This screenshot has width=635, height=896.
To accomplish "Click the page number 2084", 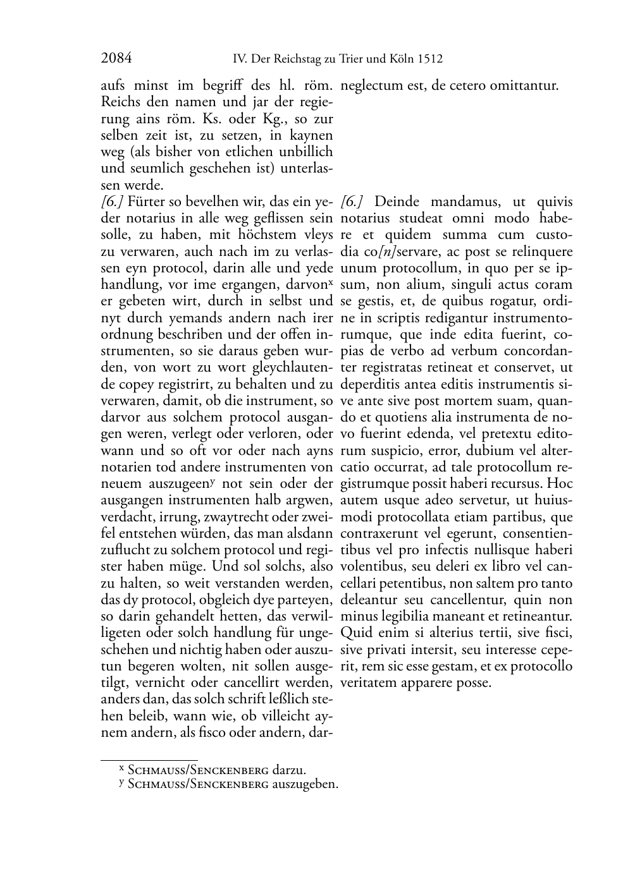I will pyautogui.click(x=116, y=59).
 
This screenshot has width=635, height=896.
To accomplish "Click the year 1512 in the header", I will pyautogui.click(x=430, y=59).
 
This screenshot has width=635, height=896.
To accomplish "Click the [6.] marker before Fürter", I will pyautogui.click(x=112, y=202).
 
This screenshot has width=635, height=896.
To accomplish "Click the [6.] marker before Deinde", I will pyautogui.click(x=351, y=202).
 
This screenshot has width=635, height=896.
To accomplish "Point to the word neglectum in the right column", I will pyautogui.click(x=368, y=86).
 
